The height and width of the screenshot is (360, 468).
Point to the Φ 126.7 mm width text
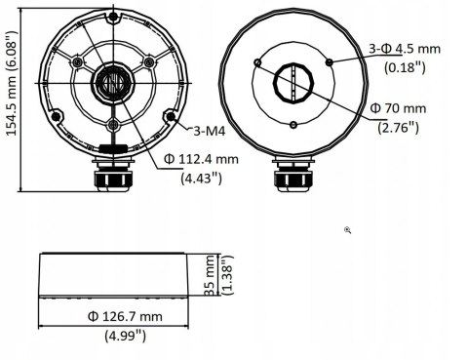click(124, 317)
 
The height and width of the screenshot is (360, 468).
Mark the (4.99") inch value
click(124, 336)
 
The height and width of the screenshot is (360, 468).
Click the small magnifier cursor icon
click(348, 230)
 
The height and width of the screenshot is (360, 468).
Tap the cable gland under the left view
click(112, 179)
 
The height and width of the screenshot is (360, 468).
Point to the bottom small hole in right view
click(293, 124)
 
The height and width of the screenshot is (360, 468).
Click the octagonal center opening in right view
click(293, 83)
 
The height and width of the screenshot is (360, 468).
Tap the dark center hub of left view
click(112, 83)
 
